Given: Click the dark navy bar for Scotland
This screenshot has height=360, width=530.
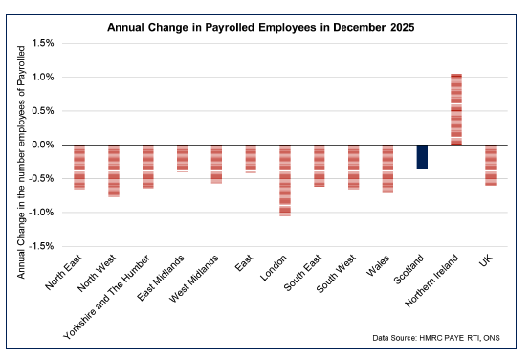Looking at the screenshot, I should [x=422, y=156].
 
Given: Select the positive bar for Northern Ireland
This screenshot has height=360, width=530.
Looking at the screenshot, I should [x=456, y=109].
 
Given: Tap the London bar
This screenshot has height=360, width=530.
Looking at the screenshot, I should [x=285, y=180].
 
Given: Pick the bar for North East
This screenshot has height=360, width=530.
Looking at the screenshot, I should [x=79, y=167].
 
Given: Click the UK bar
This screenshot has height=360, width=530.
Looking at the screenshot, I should [x=491, y=165].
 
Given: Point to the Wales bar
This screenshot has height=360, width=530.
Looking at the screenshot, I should [x=387, y=169].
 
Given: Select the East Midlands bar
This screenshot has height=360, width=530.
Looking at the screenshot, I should [x=182, y=158].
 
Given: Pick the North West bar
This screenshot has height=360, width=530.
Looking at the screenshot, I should [x=114, y=170].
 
